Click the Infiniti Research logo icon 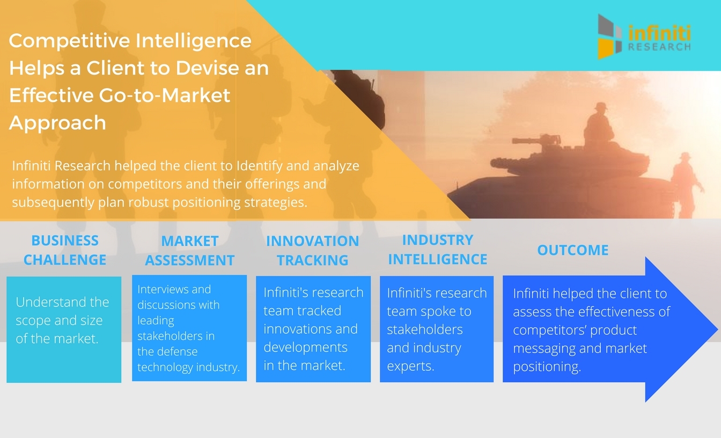[611, 36]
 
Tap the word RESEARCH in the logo [659, 47]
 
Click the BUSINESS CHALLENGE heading [65, 250]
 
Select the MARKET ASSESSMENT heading [190, 251]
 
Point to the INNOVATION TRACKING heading [313, 251]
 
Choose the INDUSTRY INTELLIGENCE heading [438, 250]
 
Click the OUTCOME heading [573, 250]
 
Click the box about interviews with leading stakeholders [189, 328]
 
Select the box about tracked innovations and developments [313, 328]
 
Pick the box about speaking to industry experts [437, 328]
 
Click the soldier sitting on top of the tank [598, 123]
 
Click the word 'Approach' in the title [57, 122]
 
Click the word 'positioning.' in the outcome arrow [547, 367]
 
